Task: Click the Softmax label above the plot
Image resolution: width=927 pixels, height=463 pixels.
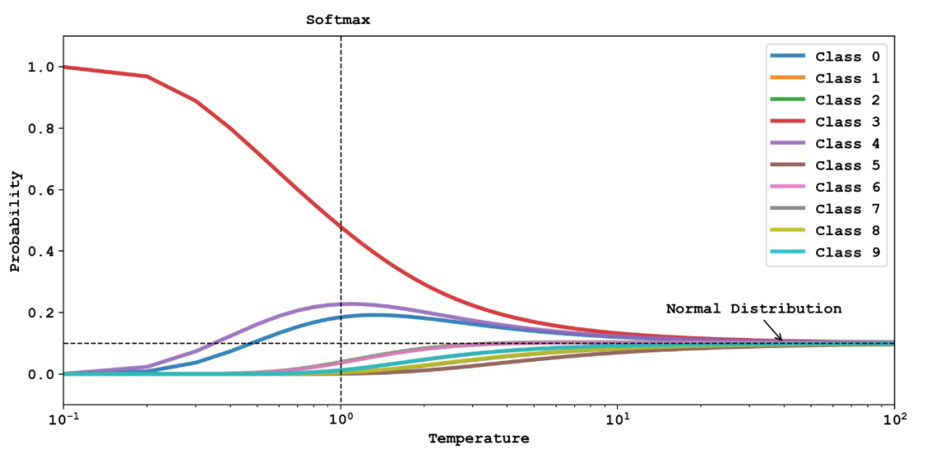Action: coord(338,20)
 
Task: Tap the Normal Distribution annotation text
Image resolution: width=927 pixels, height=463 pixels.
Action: coord(754,309)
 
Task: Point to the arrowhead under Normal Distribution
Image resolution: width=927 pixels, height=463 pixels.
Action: coord(781,340)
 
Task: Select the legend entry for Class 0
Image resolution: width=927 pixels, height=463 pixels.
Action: coord(824,57)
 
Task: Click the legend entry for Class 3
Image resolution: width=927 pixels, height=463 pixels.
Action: coord(824,123)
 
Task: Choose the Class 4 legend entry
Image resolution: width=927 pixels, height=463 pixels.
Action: coord(824,144)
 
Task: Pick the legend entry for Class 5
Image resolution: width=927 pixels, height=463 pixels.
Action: coord(824,165)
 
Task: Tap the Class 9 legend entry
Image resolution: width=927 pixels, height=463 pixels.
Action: coord(824,252)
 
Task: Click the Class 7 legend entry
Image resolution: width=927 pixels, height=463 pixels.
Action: coord(824,209)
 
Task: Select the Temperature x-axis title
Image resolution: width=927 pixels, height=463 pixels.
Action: coord(479,439)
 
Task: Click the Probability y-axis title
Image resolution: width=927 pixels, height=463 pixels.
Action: coord(15,220)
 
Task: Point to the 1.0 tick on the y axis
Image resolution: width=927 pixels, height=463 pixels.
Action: coord(42,67)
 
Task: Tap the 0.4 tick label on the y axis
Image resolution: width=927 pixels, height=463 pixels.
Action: coord(42,251)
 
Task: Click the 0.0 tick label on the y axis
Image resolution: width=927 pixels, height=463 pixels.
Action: coord(42,375)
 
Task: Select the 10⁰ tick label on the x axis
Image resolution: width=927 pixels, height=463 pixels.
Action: coord(341,420)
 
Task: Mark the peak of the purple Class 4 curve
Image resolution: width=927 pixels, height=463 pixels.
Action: coord(350,304)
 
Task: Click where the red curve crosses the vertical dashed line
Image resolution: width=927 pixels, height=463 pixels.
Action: coord(341,227)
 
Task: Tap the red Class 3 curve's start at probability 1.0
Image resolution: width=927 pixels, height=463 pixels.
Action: coord(65,67)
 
